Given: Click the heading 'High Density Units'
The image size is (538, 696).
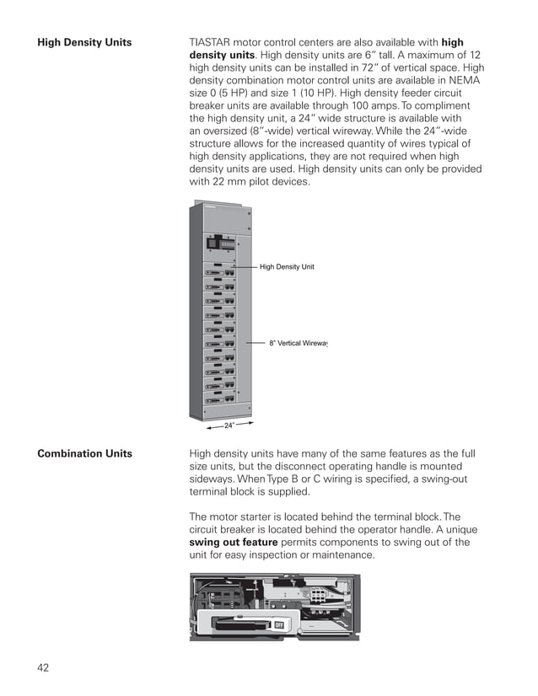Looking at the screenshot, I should pos(84,42).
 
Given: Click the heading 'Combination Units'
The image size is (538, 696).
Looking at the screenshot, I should pos(84,453).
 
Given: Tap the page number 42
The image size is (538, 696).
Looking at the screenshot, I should pos(43,667).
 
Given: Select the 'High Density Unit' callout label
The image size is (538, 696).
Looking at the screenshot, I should pos(286,267).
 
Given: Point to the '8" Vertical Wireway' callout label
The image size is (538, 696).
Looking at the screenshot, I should pos(298,344).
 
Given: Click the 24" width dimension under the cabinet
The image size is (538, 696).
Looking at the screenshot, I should pos(229,426).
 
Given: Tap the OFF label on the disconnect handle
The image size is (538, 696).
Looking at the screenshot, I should pos(278,624).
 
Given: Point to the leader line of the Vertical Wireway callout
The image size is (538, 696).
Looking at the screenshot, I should pos(256,344).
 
